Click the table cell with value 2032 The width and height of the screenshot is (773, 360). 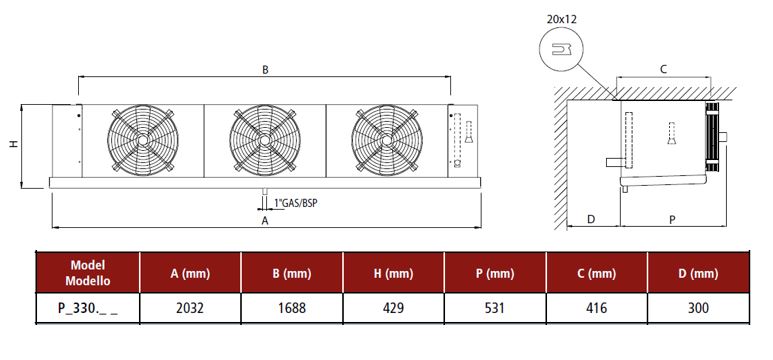[x=190, y=308]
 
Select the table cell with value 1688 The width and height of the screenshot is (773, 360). [x=292, y=308]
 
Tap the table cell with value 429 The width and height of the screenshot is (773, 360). [x=393, y=308]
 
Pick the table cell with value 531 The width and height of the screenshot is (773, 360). [x=495, y=308]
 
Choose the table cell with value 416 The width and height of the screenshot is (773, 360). [x=597, y=308]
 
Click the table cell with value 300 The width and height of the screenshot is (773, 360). [x=698, y=308]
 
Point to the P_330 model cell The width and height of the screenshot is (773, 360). [x=88, y=308]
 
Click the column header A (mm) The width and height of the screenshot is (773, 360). [x=190, y=273]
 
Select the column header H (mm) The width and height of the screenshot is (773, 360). [x=393, y=273]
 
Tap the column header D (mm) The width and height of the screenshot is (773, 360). [x=698, y=273]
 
